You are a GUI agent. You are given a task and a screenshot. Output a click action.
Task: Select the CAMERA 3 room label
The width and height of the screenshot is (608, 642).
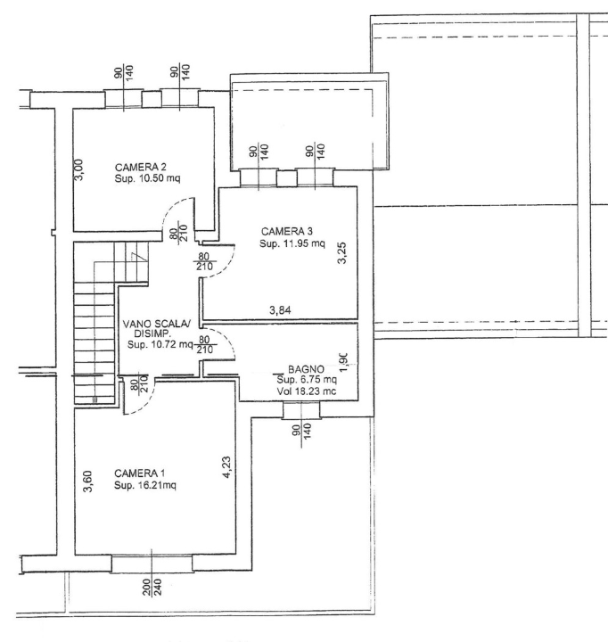coord(286,231)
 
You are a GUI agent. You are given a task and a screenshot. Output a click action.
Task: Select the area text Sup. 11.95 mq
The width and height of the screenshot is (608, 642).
coord(292,243)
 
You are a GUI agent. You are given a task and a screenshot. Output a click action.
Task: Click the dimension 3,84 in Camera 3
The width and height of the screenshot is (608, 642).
coord(281,310)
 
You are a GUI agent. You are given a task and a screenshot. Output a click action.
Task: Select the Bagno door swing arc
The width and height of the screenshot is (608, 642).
coord(224,341)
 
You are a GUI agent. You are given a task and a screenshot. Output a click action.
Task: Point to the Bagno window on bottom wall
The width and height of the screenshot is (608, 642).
coord(300,409)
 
